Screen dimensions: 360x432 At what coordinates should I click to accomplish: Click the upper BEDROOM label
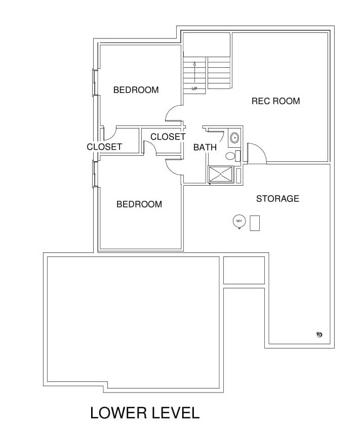[136, 90]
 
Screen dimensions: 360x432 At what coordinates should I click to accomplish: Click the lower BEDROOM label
[139, 204]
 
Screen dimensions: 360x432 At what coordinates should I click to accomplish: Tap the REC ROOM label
[275, 101]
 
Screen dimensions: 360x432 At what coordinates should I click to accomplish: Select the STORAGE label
[277, 199]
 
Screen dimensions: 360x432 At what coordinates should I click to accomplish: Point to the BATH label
[205, 147]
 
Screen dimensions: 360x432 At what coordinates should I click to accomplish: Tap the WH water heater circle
[239, 221]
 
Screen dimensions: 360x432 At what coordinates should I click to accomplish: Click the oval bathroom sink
[234, 138]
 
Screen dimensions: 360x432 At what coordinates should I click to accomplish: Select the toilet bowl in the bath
[230, 156]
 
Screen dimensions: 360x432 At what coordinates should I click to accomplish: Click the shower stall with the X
[221, 174]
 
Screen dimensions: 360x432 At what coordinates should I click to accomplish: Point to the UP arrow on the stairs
[194, 72]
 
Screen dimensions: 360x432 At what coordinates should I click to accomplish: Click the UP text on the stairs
[194, 89]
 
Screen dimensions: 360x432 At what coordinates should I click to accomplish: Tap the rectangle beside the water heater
[255, 223]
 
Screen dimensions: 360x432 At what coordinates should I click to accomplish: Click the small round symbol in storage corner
[319, 334]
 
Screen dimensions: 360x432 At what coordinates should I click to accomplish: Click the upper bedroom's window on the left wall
[94, 82]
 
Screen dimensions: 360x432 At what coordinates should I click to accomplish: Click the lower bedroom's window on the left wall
[94, 174]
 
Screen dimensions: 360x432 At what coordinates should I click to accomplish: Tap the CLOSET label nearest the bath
[168, 137]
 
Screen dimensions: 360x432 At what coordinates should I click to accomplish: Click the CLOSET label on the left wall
[104, 147]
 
